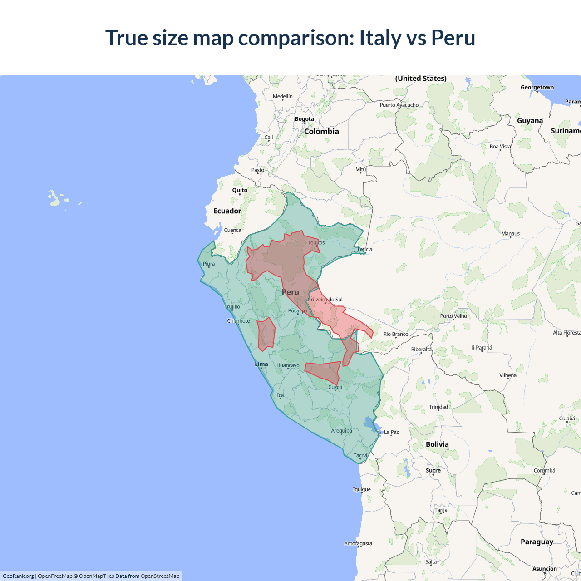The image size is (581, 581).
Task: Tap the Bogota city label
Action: [304, 119]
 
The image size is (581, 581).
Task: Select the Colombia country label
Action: [321, 131]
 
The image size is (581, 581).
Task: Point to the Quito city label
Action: [240, 190]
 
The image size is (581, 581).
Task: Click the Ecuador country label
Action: [227, 211]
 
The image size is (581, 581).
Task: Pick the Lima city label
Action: [261, 364]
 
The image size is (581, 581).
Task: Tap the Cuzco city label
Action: [335, 387]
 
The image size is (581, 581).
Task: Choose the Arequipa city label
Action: [341, 431]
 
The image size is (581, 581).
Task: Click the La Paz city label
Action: [391, 432]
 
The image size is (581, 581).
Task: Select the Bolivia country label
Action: [437, 444]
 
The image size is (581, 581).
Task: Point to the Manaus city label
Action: [510, 234]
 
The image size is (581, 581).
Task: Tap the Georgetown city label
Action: [537, 88]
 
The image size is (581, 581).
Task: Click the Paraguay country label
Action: [537, 542]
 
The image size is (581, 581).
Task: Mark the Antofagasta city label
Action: [358, 543]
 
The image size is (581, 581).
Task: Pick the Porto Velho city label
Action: [453, 316]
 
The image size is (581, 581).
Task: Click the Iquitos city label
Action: [316, 242]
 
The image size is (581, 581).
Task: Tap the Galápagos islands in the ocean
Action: [55, 198]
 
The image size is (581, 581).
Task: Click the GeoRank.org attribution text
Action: [18, 576]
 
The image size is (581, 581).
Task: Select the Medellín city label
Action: [283, 96]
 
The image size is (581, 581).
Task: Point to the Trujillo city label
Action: [232, 307]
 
